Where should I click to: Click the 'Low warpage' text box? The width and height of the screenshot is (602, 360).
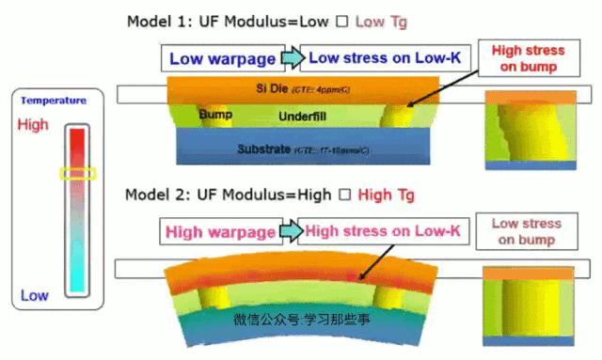[222, 59]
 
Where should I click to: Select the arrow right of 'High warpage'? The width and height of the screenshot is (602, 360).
[292, 230]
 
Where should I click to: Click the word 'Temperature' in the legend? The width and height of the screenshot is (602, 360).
[54, 101]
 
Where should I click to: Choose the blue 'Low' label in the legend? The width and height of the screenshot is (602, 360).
[34, 295]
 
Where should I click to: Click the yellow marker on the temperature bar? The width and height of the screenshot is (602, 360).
[78, 173]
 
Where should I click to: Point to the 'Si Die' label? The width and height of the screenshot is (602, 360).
[273, 87]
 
